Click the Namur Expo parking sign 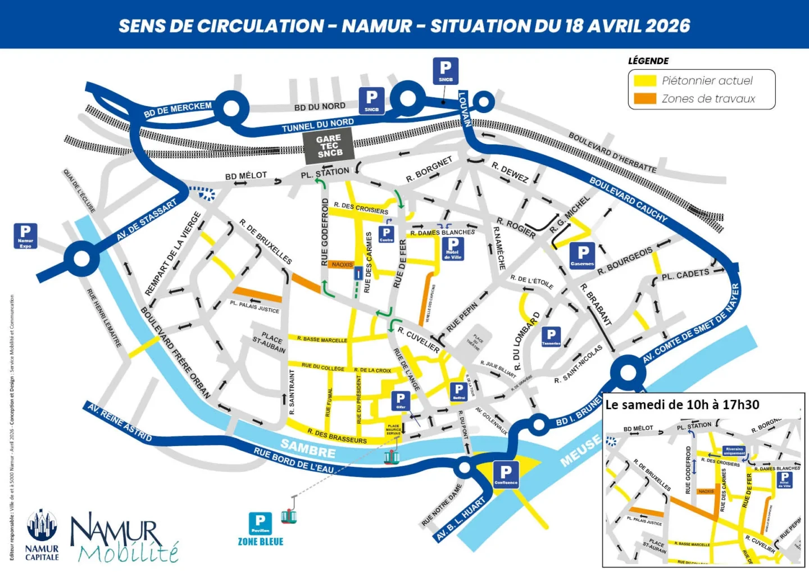pos(25,235)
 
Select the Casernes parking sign pos(583,256)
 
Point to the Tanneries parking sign pos(551,337)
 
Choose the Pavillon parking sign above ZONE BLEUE pos(260,523)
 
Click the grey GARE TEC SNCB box pos(329,146)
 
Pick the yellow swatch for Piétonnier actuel pos(644,80)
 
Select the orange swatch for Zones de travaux pos(644,98)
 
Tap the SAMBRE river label pos(308,448)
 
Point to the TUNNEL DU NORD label pos(317,125)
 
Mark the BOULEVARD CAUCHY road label pos(628,198)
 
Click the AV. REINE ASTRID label pos(119,422)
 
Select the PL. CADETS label pos(684,274)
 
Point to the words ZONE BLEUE pos(261,542)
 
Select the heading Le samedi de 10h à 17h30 pos(682,405)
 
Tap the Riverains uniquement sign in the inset pos(734,451)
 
